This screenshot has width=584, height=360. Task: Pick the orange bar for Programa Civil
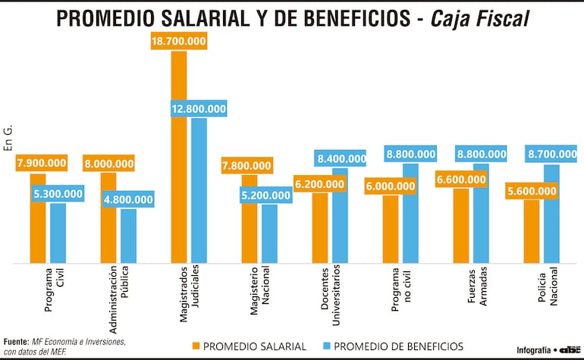pyautogui.click(x=38, y=220)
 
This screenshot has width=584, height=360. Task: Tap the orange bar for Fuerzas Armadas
pyautogui.click(x=461, y=226)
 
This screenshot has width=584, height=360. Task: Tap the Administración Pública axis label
pyautogui.click(x=118, y=299)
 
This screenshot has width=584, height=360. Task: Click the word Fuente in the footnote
pyautogui.click(x=17, y=342)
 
